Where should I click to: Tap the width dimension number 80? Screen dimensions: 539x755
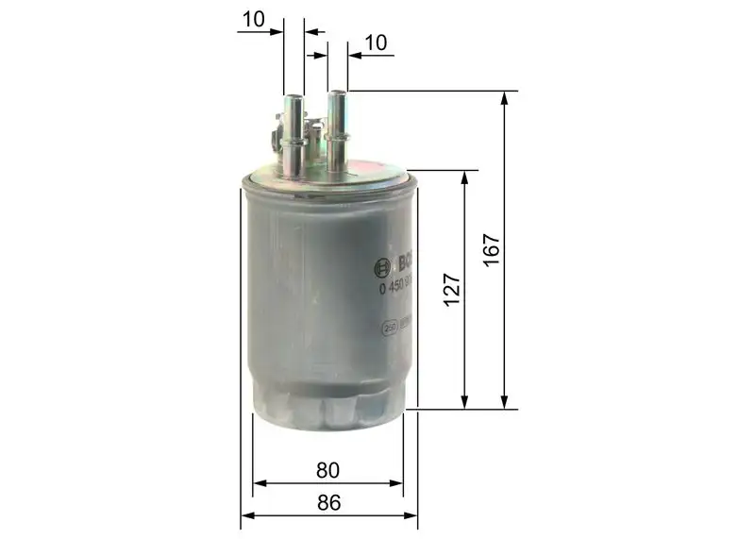328,469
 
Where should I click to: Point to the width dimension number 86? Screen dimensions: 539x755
328,502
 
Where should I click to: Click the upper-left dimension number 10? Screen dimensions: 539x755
252,18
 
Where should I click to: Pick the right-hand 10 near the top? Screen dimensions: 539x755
376,42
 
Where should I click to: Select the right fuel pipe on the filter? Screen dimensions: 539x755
337,132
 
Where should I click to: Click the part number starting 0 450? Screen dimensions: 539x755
394,288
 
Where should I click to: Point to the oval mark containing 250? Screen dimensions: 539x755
389,328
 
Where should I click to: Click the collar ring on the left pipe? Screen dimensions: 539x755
294,143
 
